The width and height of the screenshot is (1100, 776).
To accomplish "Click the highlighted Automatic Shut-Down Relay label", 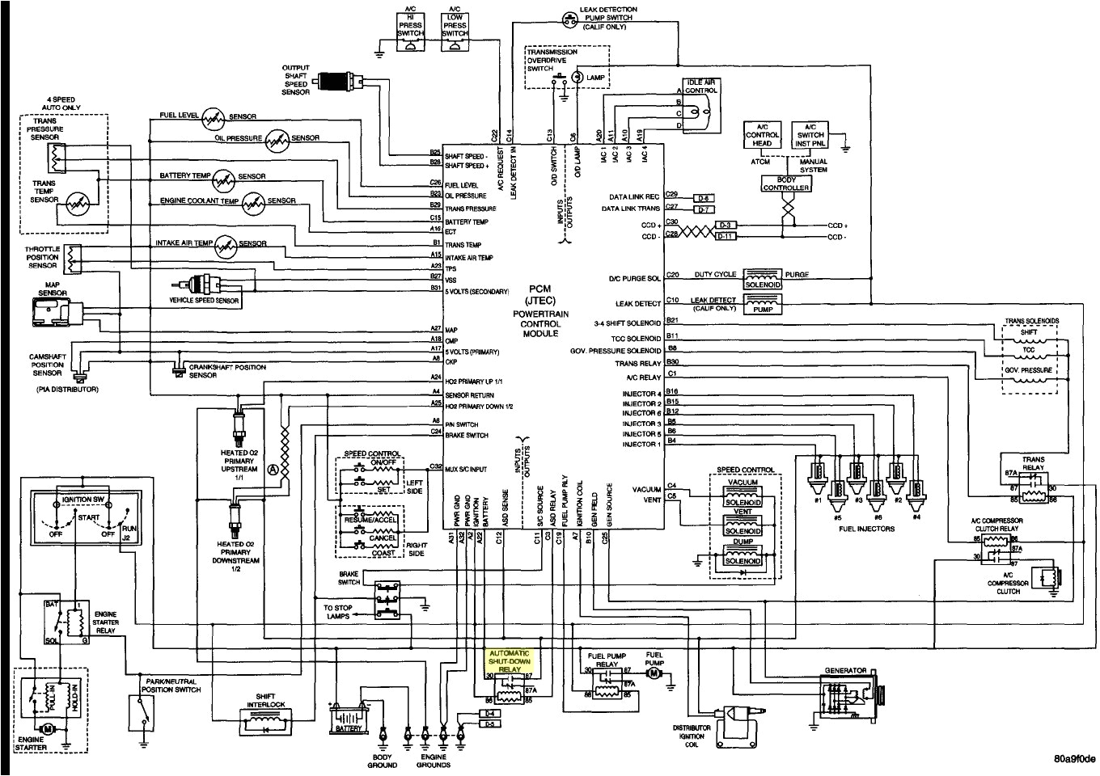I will point(510,660).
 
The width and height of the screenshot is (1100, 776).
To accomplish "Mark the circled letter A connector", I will point(273,468).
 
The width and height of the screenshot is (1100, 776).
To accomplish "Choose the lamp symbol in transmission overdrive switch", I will point(577,77).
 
